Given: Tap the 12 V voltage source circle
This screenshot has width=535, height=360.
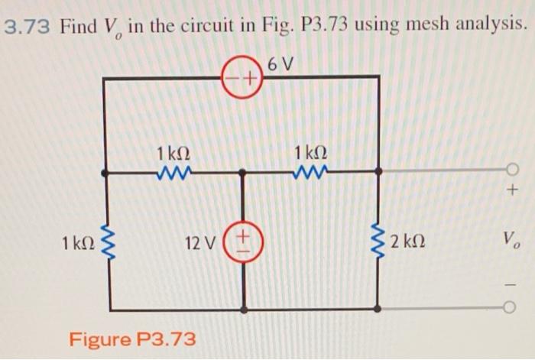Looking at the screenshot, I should [245, 245].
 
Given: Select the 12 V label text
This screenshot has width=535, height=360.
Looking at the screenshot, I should [201, 245].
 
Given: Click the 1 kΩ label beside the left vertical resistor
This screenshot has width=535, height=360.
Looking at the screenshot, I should [79, 244].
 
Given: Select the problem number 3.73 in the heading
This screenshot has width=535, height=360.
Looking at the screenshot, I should [28, 28].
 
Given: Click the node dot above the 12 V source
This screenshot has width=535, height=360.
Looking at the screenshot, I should [244, 173].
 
